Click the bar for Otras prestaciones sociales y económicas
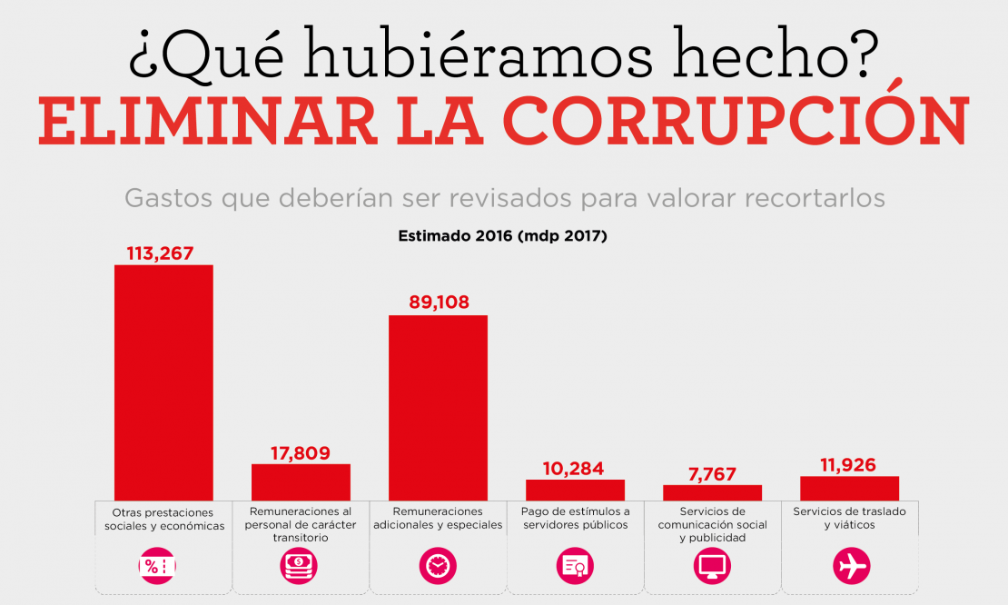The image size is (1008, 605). pyautogui.click(x=163, y=382)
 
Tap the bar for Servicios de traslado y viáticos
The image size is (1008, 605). pyautogui.click(x=849, y=488)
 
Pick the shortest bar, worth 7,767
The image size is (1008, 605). pyautogui.click(x=712, y=492)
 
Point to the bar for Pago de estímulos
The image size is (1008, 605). pyautogui.click(x=575, y=490)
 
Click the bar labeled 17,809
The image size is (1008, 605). pyautogui.click(x=301, y=481)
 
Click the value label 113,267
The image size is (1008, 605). pyautogui.click(x=160, y=253)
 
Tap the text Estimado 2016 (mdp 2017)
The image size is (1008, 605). pyautogui.click(x=502, y=236)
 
